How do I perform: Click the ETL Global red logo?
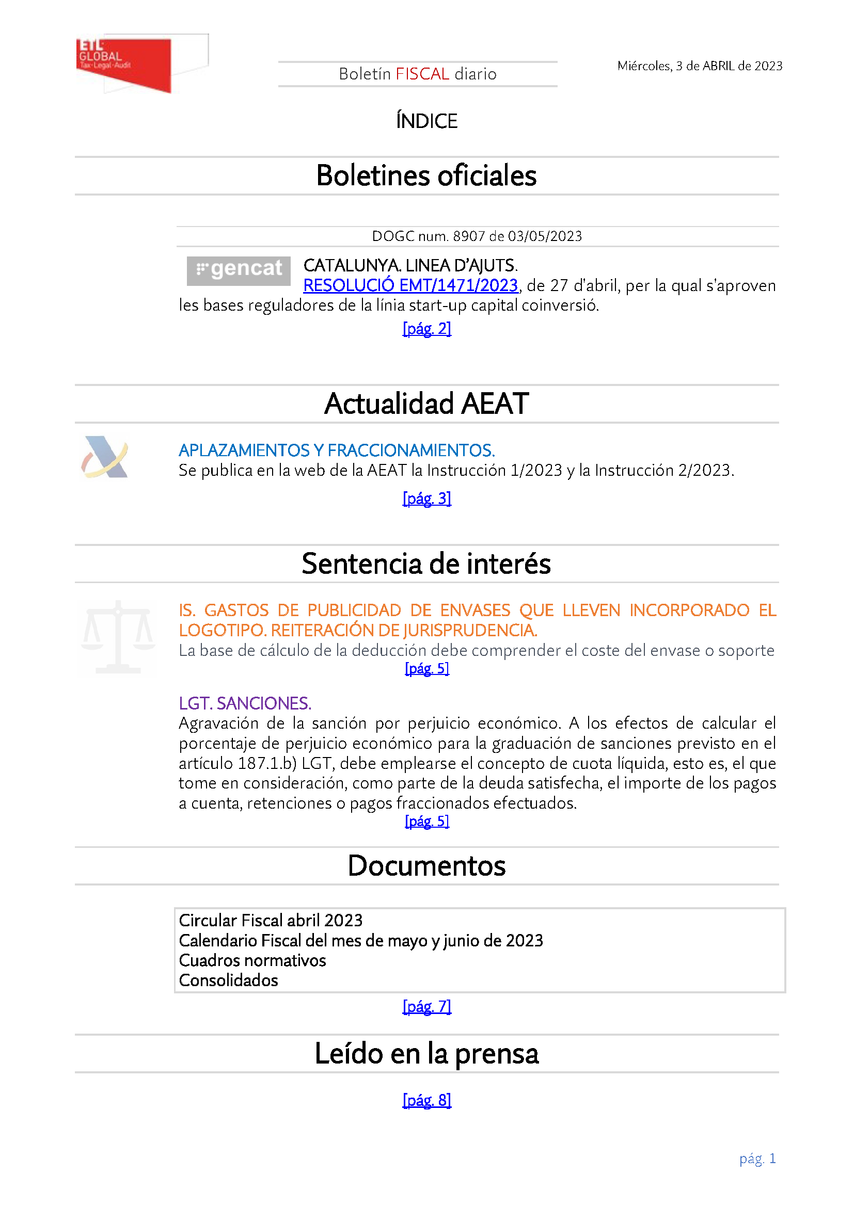click(x=124, y=64)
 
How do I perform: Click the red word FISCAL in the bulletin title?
click(x=422, y=74)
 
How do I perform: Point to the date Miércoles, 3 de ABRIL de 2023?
click(x=700, y=66)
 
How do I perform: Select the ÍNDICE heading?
click(x=426, y=121)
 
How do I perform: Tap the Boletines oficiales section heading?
click(x=426, y=175)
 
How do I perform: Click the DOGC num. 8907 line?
click(x=477, y=236)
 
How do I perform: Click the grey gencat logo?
click(x=238, y=271)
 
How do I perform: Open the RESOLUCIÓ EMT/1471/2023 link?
click(x=410, y=285)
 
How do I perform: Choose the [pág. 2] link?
click(x=426, y=329)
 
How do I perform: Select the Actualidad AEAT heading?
click(x=426, y=404)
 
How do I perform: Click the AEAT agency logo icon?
click(x=105, y=457)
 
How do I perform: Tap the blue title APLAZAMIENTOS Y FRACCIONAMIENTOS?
click(x=337, y=450)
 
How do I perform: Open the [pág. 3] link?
click(x=426, y=498)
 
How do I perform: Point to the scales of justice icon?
click(x=118, y=637)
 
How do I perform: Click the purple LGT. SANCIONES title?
click(x=245, y=703)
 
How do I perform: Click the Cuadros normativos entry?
click(x=252, y=960)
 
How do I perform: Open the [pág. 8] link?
click(x=426, y=1100)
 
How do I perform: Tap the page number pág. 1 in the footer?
click(x=757, y=1158)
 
